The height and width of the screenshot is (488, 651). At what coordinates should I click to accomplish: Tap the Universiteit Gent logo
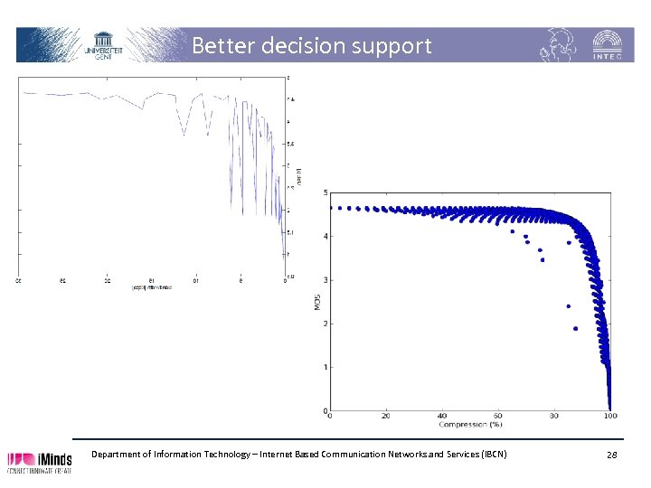click(x=103, y=44)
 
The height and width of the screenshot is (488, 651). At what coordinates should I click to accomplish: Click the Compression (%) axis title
click(x=470, y=424)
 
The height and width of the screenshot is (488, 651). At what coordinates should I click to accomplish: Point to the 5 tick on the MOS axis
click(x=325, y=193)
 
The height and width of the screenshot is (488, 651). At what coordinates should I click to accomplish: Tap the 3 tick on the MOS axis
click(x=325, y=280)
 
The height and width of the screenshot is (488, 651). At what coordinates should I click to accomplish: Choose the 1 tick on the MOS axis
click(x=325, y=367)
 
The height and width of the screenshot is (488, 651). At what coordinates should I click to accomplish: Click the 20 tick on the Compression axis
click(x=386, y=416)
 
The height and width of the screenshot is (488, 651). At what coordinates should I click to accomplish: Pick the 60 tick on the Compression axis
click(x=498, y=416)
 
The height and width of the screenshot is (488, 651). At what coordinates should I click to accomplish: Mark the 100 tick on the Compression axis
click(x=610, y=416)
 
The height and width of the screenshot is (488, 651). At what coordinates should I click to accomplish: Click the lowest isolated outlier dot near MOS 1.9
click(x=575, y=329)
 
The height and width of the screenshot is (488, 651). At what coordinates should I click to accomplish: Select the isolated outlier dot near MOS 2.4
click(x=569, y=306)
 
